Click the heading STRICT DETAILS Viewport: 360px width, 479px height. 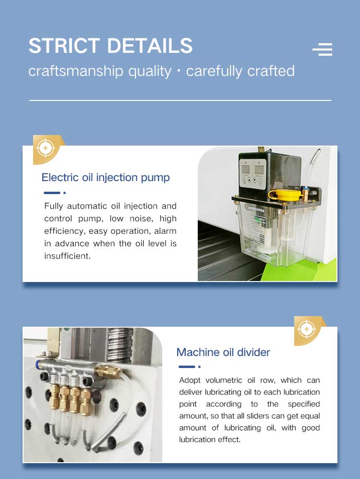[x=110, y=46]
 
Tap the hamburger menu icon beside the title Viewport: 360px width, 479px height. [x=323, y=49]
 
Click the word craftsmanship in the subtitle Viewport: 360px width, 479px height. [x=76, y=71]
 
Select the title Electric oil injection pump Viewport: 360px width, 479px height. [x=106, y=177]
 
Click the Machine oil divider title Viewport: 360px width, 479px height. [x=223, y=352]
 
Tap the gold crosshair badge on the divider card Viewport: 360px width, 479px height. [x=308, y=331]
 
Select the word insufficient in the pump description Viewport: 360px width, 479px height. [x=67, y=256]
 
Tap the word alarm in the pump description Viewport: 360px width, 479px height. [x=165, y=231]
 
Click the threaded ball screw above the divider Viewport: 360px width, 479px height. [x=120, y=345]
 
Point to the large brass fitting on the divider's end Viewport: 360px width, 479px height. [x=108, y=372]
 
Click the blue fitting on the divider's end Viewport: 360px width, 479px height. [x=38, y=364]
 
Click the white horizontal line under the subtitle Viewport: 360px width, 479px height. [x=180, y=100]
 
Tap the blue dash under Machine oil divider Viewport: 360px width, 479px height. [x=187, y=367]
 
